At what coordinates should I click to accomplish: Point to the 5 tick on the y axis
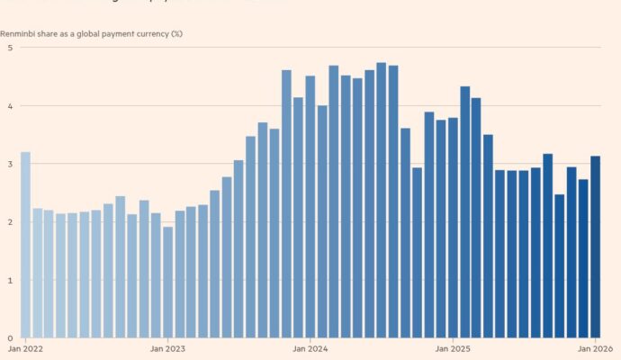tap(10, 48)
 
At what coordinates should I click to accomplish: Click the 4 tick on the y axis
tap(10, 106)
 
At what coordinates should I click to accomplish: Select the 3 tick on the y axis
tap(10, 164)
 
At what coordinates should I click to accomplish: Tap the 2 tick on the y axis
tap(10, 222)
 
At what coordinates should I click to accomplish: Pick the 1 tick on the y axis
tap(10, 280)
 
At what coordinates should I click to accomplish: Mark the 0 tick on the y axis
tap(10, 338)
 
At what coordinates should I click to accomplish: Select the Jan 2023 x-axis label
tap(167, 348)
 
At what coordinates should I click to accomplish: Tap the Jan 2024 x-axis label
tap(310, 348)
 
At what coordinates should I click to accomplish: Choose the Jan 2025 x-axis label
tap(453, 348)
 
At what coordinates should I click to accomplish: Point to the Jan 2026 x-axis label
tap(595, 348)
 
